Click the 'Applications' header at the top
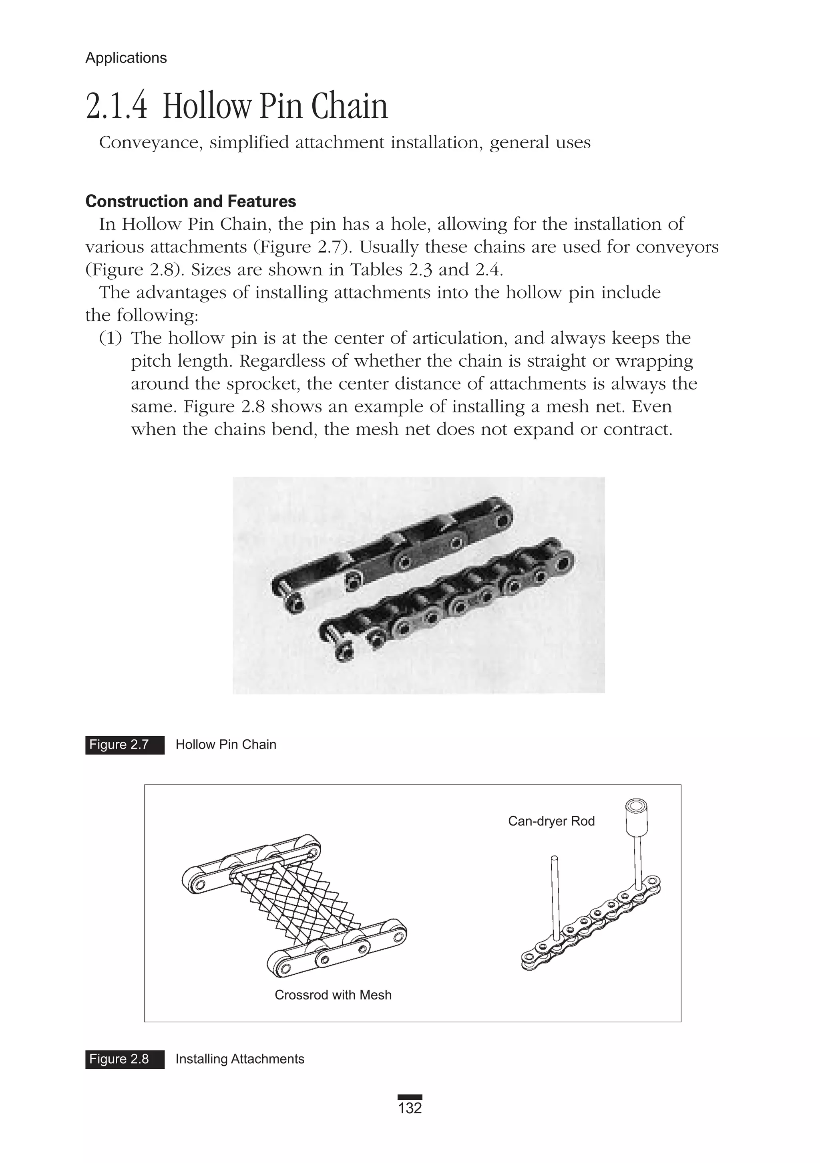click(x=126, y=58)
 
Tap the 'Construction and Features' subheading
click(x=190, y=201)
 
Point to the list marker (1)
click(x=111, y=338)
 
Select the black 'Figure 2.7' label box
click(x=125, y=745)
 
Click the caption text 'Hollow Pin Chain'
click(x=226, y=745)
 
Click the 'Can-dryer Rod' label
click(x=551, y=821)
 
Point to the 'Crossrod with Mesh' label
click(x=333, y=995)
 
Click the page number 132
click(x=410, y=1108)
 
